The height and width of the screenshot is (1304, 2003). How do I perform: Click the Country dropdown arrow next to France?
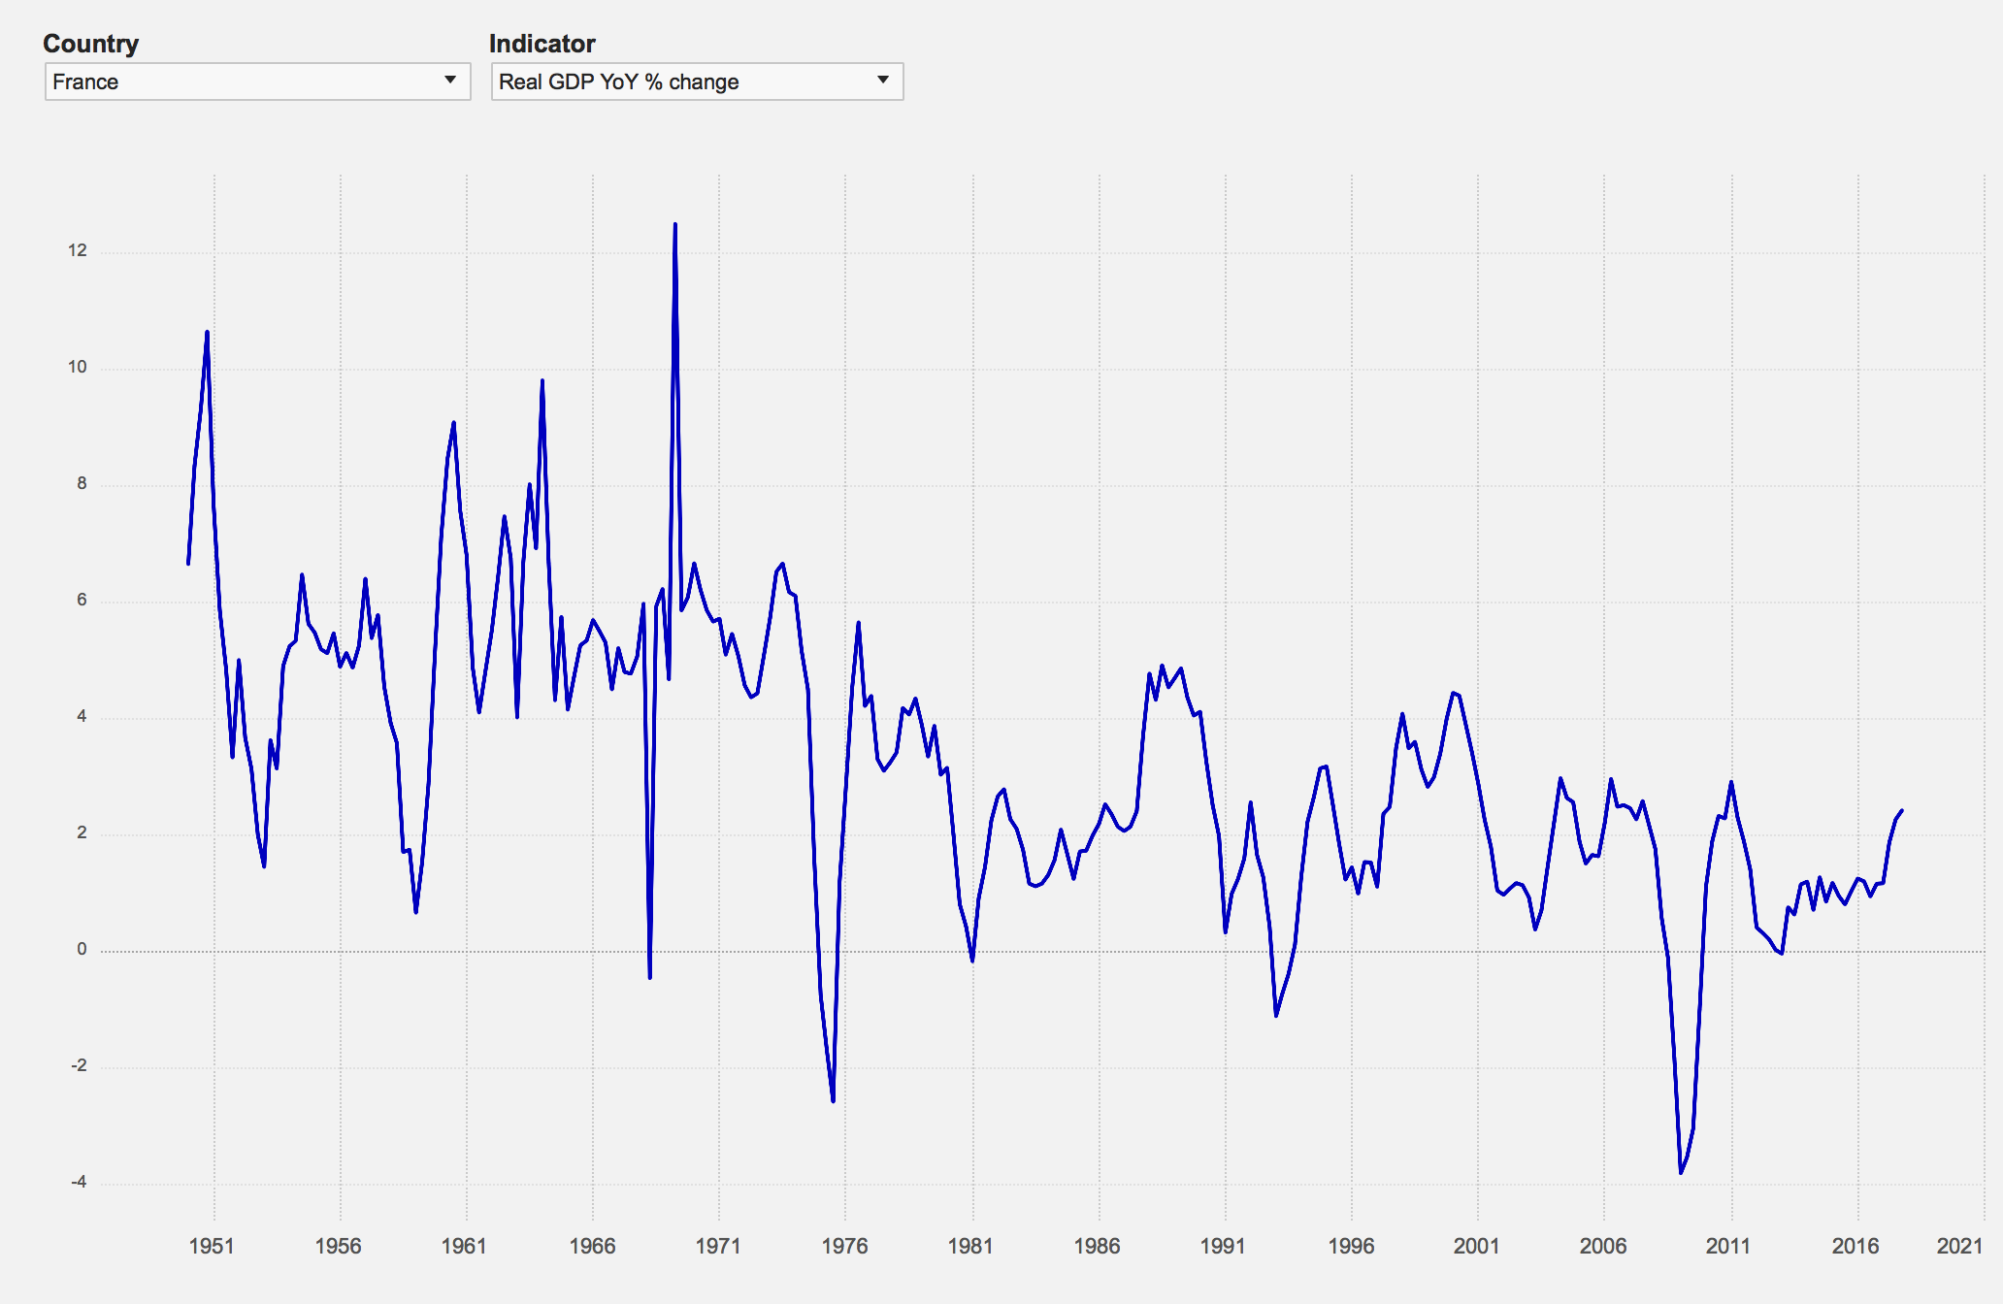[450, 80]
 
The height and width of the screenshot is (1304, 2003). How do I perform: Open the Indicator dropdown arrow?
[883, 80]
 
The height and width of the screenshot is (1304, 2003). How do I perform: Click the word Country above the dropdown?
[91, 44]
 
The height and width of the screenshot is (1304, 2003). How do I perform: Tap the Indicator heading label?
[542, 44]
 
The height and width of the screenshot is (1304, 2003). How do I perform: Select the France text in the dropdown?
[85, 81]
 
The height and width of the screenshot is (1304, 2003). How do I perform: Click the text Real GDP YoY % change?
[619, 81]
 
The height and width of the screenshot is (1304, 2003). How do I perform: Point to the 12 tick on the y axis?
[78, 250]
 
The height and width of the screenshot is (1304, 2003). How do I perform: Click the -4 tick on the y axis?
[79, 1182]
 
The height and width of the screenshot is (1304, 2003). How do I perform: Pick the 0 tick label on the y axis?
[82, 949]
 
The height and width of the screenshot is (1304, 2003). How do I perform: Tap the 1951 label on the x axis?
[212, 1246]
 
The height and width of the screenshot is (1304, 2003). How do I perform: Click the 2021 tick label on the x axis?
[1959, 1246]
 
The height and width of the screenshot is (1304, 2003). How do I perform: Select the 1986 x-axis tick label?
[1097, 1246]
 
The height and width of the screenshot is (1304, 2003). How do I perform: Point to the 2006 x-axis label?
[1603, 1246]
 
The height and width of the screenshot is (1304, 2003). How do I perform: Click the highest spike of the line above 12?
[674, 224]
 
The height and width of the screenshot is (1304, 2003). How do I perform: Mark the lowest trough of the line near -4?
[1681, 1173]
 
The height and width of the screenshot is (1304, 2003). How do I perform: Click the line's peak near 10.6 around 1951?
[207, 332]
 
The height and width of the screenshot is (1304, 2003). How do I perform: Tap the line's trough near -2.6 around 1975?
[833, 1101]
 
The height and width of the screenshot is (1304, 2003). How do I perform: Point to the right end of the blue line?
[1901, 810]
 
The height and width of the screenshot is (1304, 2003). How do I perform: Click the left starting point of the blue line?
[188, 564]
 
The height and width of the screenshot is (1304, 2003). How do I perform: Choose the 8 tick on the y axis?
[82, 483]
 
